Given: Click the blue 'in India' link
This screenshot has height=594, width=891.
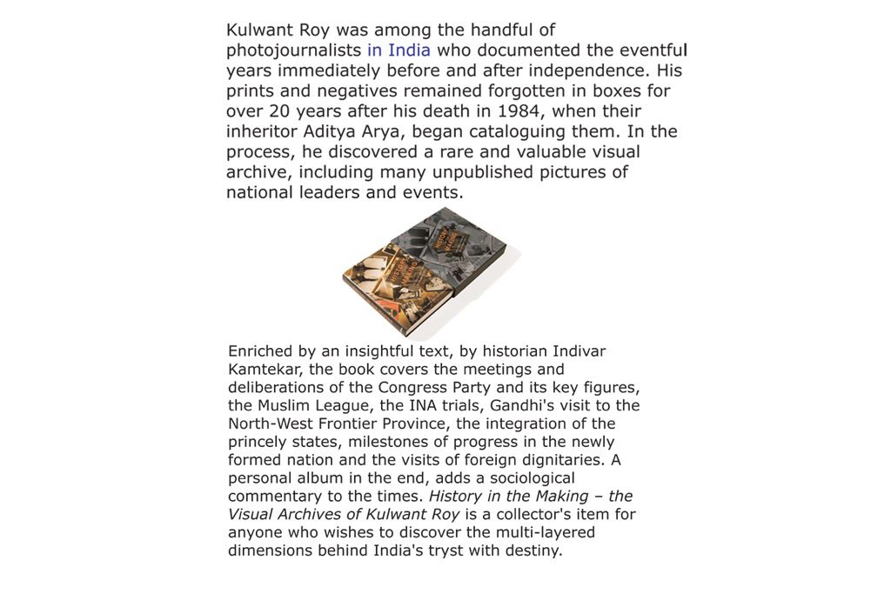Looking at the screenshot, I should coord(399,50).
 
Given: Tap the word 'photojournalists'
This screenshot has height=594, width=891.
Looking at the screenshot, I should coord(293,50).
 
